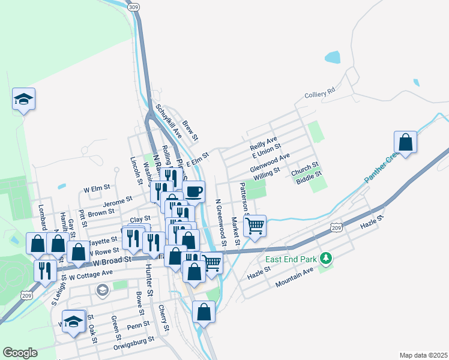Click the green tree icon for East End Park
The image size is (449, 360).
click(x=326, y=259)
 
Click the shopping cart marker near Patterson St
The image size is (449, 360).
click(x=255, y=226)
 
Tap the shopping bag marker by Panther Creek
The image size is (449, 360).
click(x=406, y=143)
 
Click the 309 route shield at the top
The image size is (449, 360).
click(x=133, y=6)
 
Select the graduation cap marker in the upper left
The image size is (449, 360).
click(x=24, y=99)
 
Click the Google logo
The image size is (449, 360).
click(x=20, y=352)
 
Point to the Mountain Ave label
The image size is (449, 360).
click(x=295, y=278)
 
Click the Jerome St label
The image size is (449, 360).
click(x=118, y=197)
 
